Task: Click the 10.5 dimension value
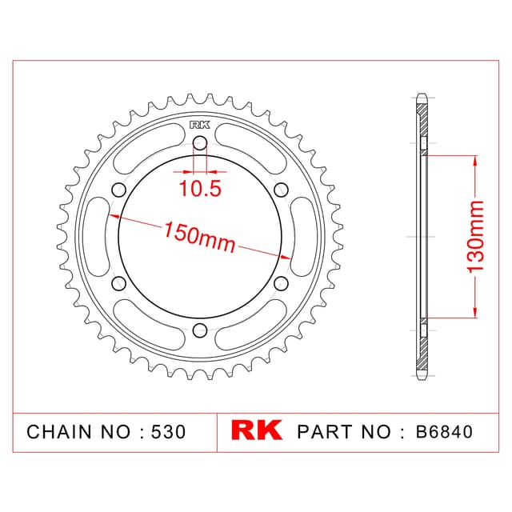pos(200,189)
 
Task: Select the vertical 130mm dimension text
pos(474,237)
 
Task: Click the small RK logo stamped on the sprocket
pos(200,125)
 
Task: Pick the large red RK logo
pos(257,430)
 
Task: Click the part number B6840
pos(444,431)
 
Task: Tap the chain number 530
pos(169,432)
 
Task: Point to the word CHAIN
pos(58,432)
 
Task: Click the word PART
pos(326,431)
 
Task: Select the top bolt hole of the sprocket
pos(200,143)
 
